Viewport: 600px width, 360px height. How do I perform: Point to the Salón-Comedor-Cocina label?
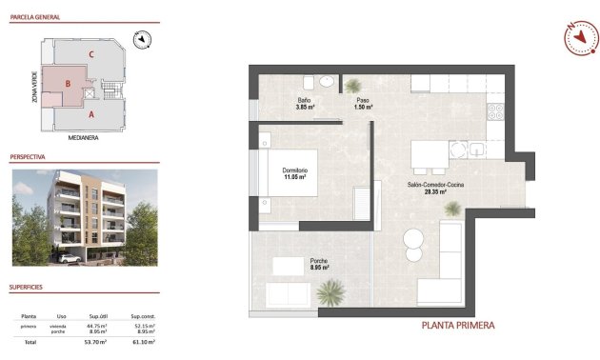point(435,187)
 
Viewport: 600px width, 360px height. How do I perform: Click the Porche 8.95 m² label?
point(319,264)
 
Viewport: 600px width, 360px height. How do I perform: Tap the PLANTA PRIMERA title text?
point(458,326)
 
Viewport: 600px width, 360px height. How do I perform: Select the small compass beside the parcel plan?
point(144,39)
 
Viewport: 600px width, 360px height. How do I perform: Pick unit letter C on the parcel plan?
point(90,54)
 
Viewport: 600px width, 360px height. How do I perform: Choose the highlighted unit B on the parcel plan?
point(68,84)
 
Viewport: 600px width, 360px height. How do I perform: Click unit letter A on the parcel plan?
point(90,114)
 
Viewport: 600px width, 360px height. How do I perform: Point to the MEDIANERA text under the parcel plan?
point(84,137)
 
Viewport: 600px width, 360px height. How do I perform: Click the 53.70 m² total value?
point(96,341)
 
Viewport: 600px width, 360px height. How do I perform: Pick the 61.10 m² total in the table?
point(144,341)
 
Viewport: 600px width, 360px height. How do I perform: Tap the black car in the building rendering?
point(68,257)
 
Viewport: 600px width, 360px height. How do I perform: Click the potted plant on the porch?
point(330,290)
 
